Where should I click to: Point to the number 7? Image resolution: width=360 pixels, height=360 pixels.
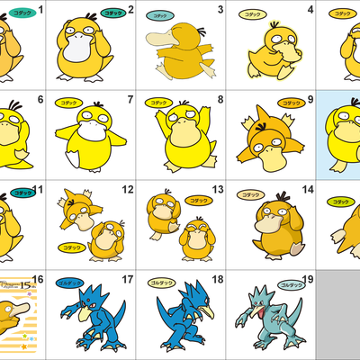(130, 100)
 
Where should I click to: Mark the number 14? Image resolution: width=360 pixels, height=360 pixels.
(309, 190)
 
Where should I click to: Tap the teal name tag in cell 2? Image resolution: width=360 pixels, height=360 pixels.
(112, 14)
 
